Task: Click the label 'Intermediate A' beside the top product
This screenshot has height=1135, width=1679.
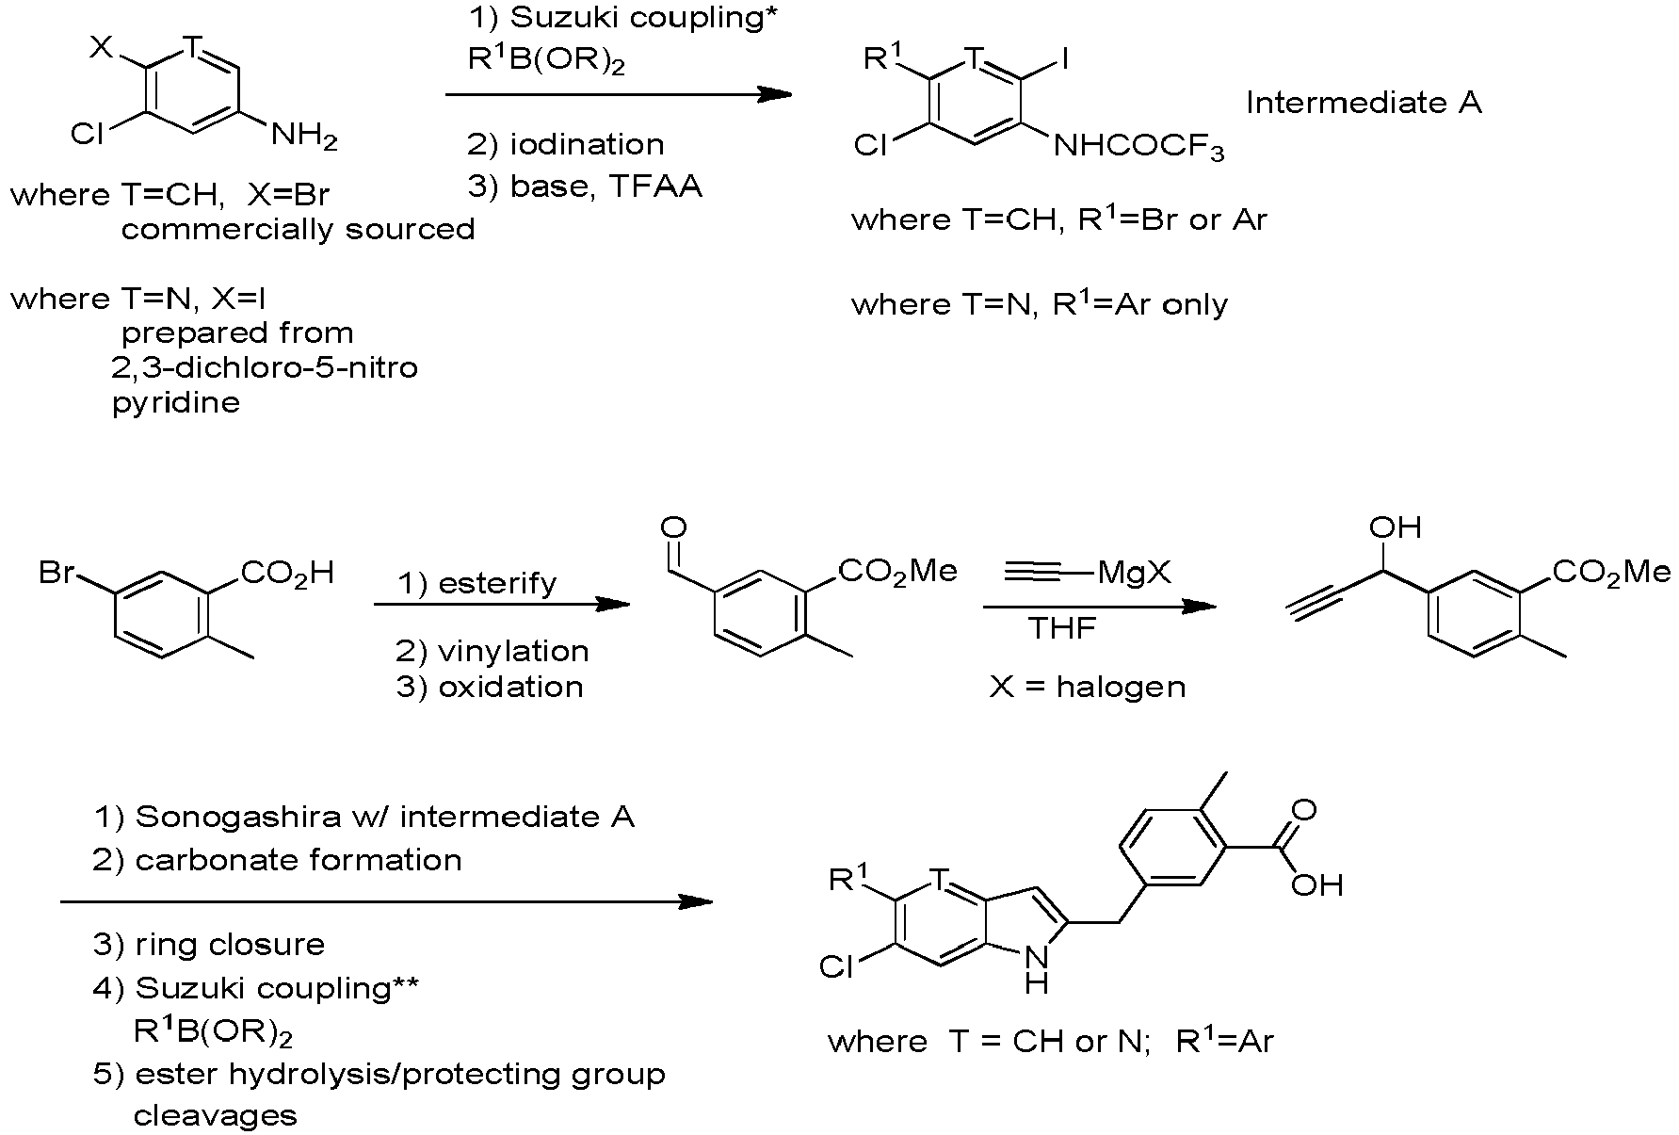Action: (x=1364, y=103)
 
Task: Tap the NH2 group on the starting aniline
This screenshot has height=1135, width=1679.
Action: (x=303, y=138)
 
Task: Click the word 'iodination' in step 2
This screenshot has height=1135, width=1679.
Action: (x=587, y=144)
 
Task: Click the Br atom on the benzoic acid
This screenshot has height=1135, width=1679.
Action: (x=57, y=572)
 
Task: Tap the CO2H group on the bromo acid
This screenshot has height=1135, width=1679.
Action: (x=288, y=573)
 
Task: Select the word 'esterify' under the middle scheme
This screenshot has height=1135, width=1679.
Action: (x=497, y=583)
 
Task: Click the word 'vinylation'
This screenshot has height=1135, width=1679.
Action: (x=514, y=651)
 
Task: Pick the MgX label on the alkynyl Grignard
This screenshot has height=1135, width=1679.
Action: (x=1134, y=573)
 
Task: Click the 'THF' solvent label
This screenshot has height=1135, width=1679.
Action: (x=1063, y=627)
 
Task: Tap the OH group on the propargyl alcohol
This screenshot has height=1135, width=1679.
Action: (x=1395, y=527)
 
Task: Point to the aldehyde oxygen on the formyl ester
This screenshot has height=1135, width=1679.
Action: (x=674, y=527)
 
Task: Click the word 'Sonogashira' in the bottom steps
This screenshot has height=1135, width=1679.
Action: (x=237, y=817)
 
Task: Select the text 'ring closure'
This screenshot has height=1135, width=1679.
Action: (x=230, y=944)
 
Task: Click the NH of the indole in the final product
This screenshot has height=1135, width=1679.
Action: (x=1036, y=970)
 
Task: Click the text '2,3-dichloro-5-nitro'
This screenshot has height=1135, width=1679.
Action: (x=265, y=366)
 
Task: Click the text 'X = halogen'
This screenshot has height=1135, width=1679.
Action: (x=1088, y=687)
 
